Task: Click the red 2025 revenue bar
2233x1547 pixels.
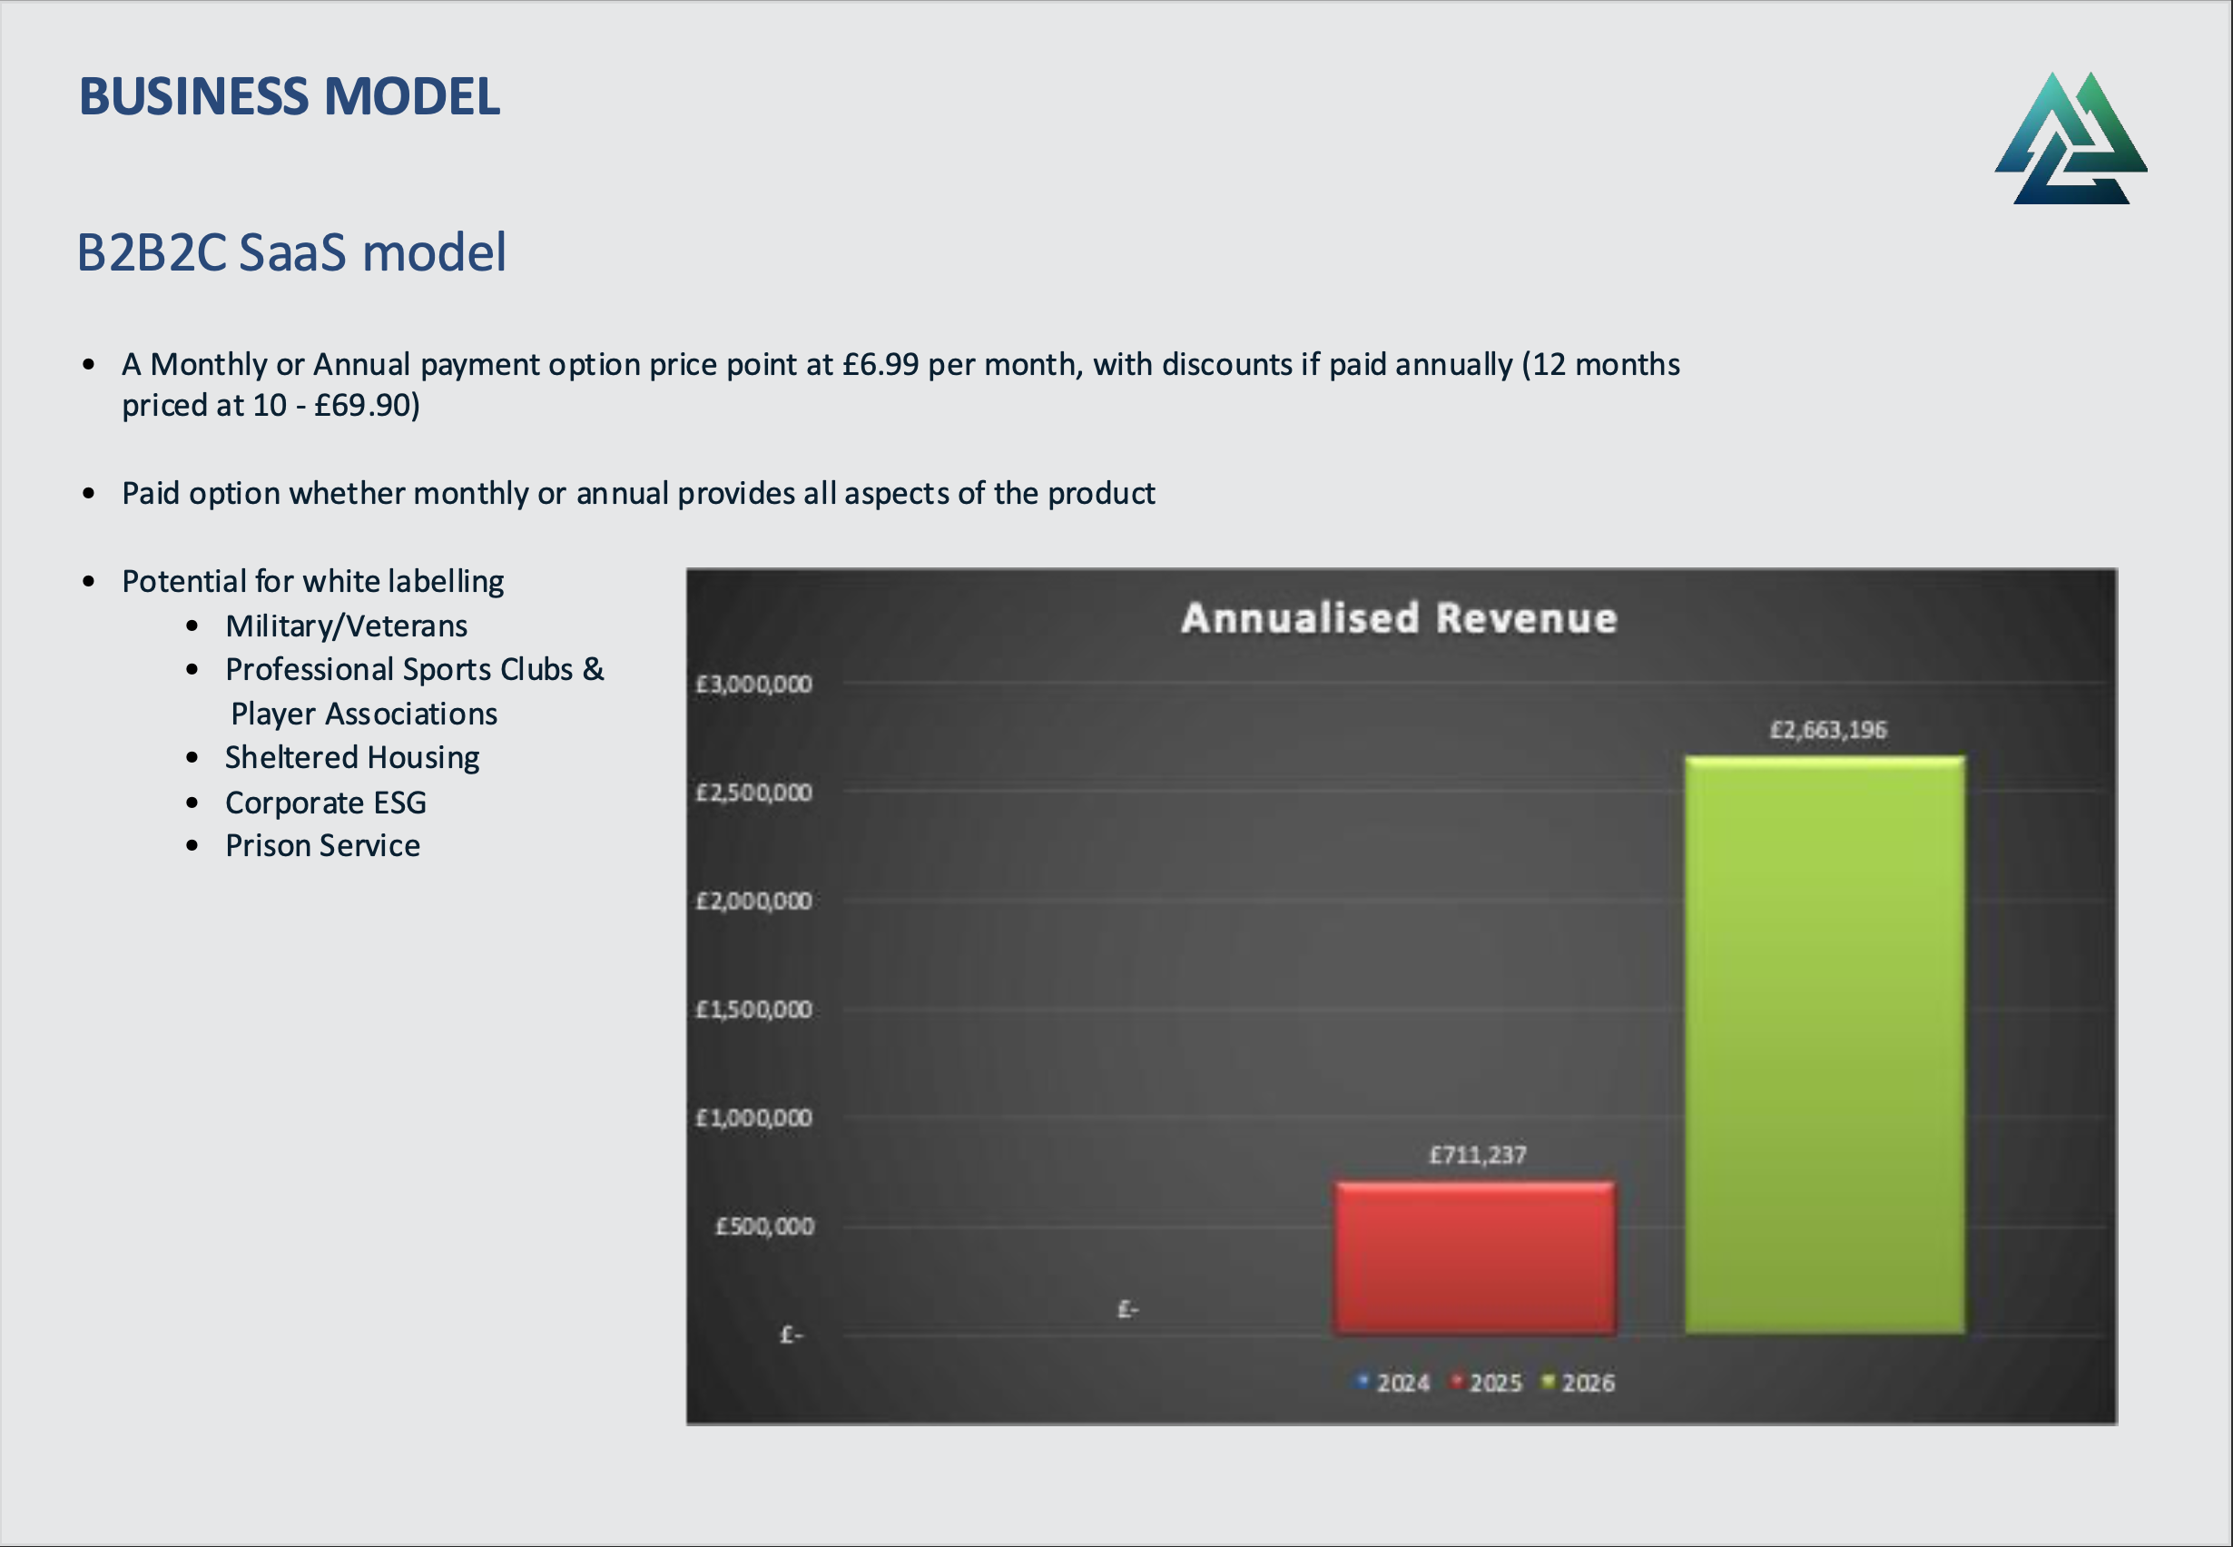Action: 1475,1257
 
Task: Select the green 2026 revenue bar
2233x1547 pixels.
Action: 1825,1045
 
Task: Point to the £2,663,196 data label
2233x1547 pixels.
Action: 1828,730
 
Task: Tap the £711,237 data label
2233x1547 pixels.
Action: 1478,1155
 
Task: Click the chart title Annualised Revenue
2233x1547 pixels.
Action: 1399,618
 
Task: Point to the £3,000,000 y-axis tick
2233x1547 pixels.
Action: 754,685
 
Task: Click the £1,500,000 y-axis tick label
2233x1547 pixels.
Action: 754,1010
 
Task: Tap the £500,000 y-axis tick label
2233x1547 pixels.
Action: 763,1227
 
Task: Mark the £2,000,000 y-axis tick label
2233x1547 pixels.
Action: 754,902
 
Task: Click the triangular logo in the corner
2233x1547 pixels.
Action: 2071,138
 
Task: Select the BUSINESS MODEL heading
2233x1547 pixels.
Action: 290,97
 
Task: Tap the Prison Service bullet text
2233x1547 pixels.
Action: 323,846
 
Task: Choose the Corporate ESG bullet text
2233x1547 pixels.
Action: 326,803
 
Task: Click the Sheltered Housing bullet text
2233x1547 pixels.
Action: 352,758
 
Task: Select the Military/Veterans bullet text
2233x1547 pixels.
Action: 346,626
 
